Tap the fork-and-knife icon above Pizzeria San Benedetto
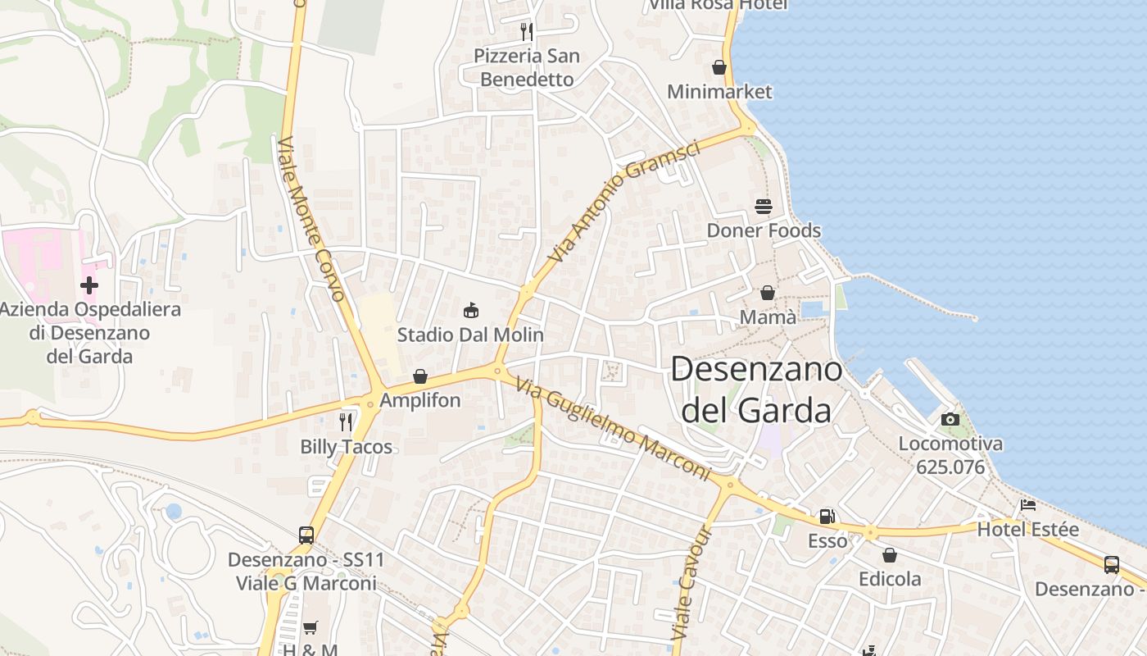tap(527, 31)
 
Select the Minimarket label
tap(719, 91)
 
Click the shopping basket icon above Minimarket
tap(719, 67)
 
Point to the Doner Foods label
tap(764, 230)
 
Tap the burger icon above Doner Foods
tap(764, 207)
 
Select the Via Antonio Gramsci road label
tap(623, 202)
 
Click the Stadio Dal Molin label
tap(470, 335)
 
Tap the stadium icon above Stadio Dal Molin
tap(471, 311)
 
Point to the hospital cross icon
tap(89, 285)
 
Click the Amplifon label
tap(420, 400)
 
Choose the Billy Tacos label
tap(346, 447)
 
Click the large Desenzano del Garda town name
tap(755, 389)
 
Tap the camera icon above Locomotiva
tap(950, 419)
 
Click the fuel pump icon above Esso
tap(827, 517)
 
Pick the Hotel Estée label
tap(1027, 529)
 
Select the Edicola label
tap(890, 579)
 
